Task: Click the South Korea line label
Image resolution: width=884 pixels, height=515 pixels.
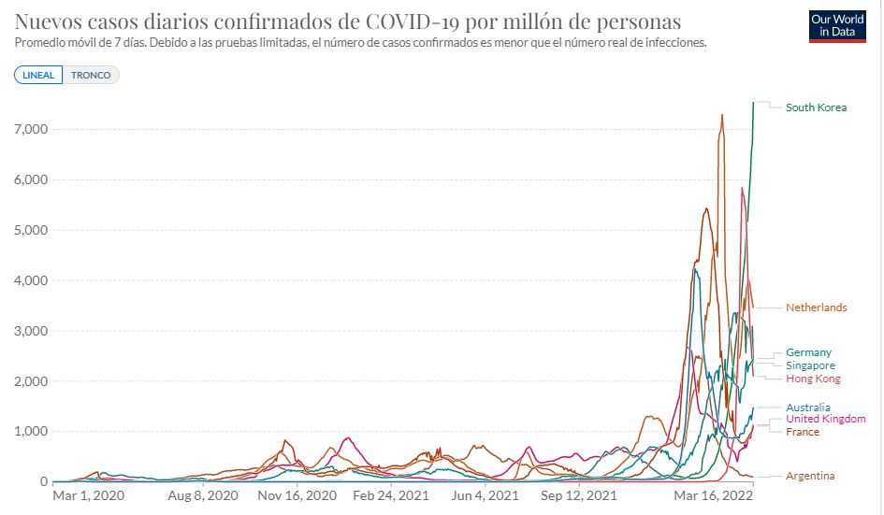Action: click(x=816, y=107)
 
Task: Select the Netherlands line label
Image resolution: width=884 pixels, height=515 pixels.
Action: click(x=816, y=308)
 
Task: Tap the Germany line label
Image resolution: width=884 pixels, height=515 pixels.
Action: click(x=808, y=352)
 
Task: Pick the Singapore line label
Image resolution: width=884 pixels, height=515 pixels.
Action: click(x=810, y=365)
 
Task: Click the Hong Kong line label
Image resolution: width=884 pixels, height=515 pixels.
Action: click(x=813, y=379)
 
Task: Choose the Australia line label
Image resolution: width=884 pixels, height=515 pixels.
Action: click(x=807, y=408)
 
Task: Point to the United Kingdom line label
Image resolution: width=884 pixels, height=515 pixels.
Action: click(x=825, y=419)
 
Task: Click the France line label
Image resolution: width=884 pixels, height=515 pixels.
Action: click(x=802, y=432)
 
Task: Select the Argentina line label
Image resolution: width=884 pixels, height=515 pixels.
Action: click(x=809, y=476)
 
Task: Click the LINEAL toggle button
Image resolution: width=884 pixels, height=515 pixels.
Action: click(x=38, y=75)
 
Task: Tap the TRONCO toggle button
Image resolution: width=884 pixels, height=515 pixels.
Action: click(x=91, y=75)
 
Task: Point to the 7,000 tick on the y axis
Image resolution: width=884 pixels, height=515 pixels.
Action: click(x=30, y=129)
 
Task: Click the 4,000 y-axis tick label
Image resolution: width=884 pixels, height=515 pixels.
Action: click(x=30, y=280)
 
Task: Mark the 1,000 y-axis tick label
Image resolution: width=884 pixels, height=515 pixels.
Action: click(x=30, y=432)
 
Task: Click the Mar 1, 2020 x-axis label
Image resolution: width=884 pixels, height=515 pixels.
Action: click(x=88, y=496)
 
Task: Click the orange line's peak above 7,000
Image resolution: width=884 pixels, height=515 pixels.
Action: click(x=722, y=115)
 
